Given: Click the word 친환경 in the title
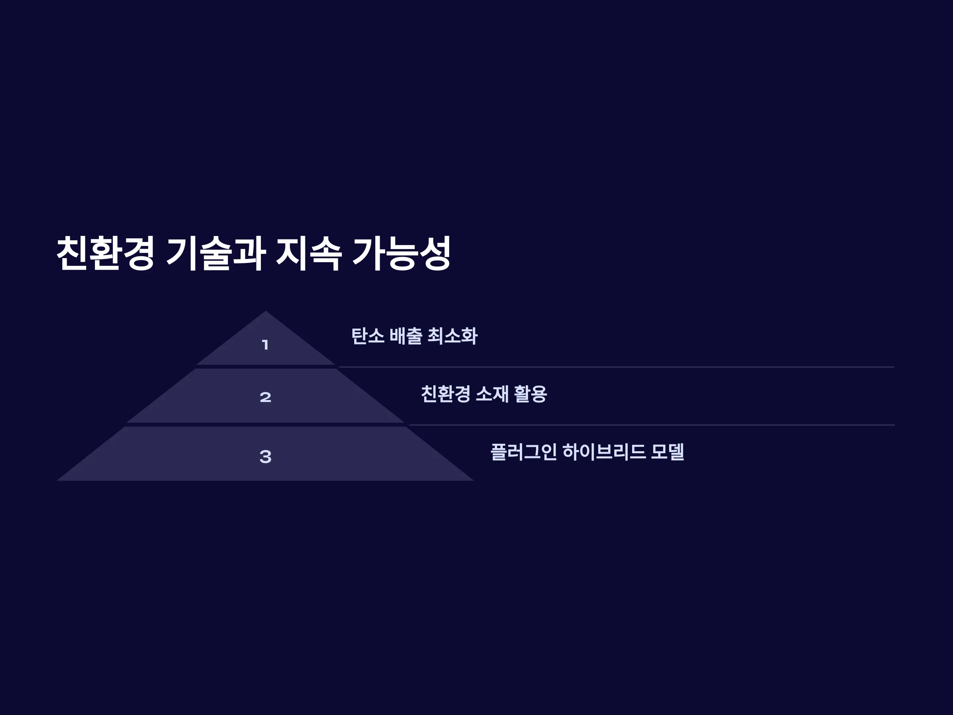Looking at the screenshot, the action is point(105,253).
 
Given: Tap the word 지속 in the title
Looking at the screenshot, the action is point(309,253).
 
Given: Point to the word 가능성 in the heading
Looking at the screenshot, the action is point(401,253).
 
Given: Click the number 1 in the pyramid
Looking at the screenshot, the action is point(265,345).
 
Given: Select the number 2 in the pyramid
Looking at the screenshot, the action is point(265,397).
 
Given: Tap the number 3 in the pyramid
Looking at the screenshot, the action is point(265,456).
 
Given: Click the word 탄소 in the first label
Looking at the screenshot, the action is point(367,336).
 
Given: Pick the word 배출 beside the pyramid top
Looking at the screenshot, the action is point(406,336).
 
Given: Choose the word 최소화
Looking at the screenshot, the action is point(452,336).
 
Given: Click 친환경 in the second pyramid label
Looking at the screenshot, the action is point(446,394).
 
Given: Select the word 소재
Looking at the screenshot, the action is point(492,394).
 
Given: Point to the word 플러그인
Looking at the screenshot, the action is point(523,452).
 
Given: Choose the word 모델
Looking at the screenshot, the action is point(667,452).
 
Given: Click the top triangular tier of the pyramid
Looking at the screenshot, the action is point(265,345).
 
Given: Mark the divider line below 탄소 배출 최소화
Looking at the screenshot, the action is point(617,367).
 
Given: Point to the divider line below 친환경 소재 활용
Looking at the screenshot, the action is point(652,425).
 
